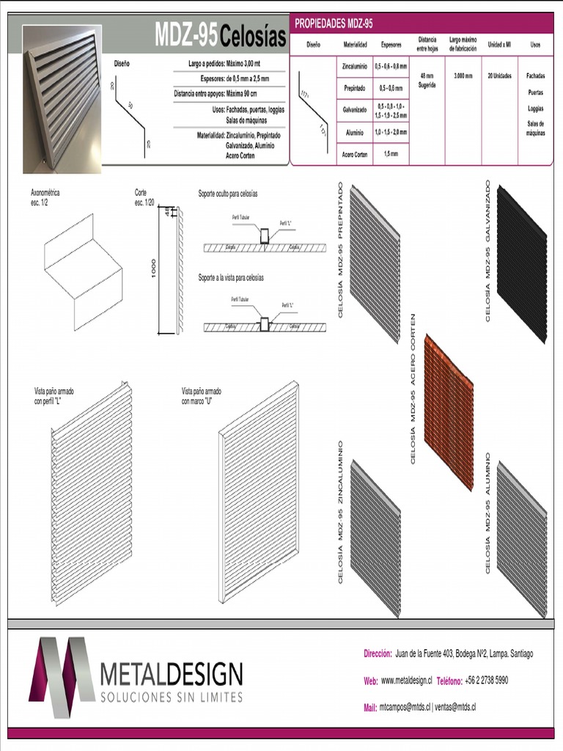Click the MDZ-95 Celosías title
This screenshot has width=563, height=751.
point(220,36)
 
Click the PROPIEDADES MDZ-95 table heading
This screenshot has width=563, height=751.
point(334,23)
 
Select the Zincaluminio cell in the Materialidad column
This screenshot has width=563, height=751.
point(355,66)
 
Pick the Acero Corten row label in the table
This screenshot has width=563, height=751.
point(355,154)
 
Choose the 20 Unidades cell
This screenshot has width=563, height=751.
point(499,76)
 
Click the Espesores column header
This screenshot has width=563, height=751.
point(391,45)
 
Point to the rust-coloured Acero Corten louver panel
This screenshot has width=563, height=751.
point(449,412)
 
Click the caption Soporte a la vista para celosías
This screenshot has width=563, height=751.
point(231,278)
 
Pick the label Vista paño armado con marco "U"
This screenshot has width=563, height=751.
point(202,396)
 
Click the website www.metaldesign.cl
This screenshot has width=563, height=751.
point(406,681)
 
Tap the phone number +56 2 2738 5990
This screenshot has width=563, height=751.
point(486,681)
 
